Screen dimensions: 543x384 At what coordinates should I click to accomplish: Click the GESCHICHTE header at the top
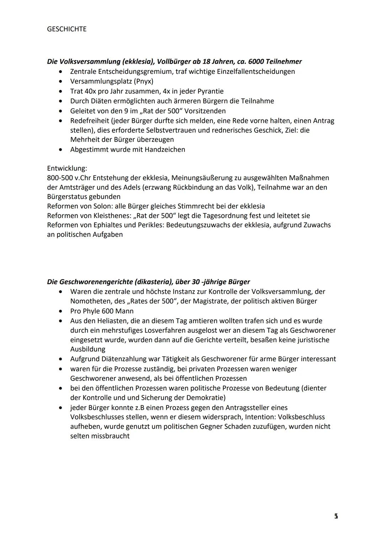tap(66, 29)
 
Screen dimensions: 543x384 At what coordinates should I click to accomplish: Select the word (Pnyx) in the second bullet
tap(143, 81)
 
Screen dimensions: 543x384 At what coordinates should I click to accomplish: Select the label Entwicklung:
tap(67, 168)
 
